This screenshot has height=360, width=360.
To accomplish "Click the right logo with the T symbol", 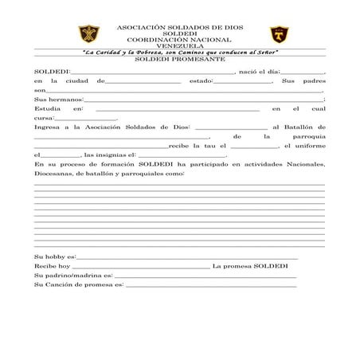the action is pos(277,36).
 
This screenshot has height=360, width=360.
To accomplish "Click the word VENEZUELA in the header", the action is pos(179,45).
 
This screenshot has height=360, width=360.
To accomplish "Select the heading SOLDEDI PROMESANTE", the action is pos(179,60).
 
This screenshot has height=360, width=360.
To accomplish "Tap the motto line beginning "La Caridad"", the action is pos(180,53).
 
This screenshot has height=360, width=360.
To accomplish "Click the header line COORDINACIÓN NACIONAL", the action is pos(179,39).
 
